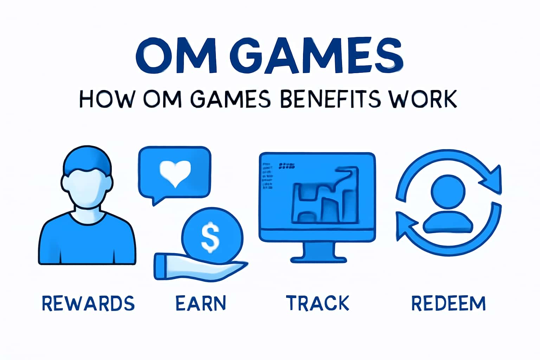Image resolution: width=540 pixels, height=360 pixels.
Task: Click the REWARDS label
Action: [x=88, y=303]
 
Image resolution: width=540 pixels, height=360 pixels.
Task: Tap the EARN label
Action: [x=201, y=303]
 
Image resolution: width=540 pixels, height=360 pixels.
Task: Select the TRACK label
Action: [x=317, y=303]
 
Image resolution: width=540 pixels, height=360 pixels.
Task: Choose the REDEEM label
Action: [x=449, y=303]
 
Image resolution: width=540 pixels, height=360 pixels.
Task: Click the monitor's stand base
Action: [x=318, y=259]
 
